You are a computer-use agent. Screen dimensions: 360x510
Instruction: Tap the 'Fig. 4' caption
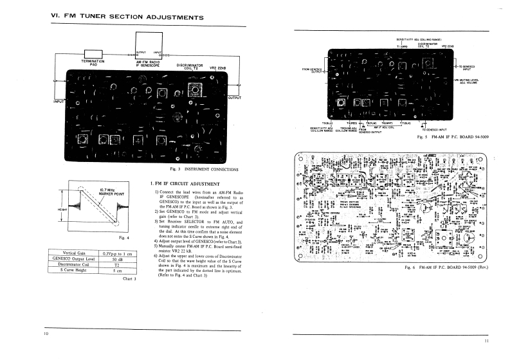[x=116, y=237]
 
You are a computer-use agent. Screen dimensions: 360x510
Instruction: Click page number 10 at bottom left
[x=46, y=334]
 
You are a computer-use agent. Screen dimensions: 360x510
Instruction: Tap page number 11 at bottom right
[x=487, y=341]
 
